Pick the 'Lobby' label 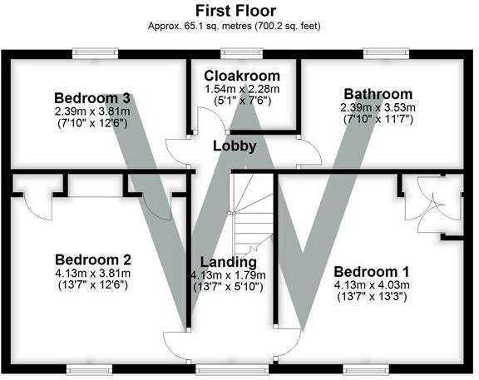pyautogui.click(x=234, y=146)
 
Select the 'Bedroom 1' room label pyautogui.click(x=370, y=271)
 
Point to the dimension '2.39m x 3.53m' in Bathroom pyautogui.click(x=376, y=108)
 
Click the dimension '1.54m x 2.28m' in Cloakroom pyautogui.click(x=241, y=89)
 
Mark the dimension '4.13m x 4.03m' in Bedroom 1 pyautogui.click(x=370, y=286)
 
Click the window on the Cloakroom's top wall pyautogui.click(x=242, y=53)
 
